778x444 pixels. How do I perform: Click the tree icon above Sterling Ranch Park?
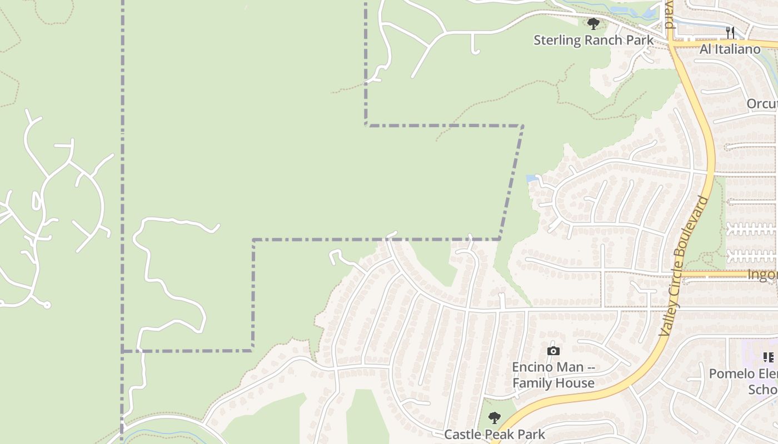(x=594, y=24)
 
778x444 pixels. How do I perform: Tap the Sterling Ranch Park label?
(x=594, y=41)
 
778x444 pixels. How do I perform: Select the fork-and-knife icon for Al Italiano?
(x=730, y=33)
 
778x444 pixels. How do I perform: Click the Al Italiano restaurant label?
(x=730, y=49)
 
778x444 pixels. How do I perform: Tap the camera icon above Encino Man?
(x=553, y=351)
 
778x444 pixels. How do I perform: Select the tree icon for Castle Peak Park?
(x=494, y=418)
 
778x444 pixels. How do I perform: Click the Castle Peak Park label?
(x=494, y=434)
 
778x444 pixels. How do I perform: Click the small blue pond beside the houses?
(x=531, y=179)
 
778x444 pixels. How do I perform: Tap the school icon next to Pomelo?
(x=768, y=357)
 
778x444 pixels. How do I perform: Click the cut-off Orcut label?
(x=761, y=104)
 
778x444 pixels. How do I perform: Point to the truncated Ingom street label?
(x=762, y=275)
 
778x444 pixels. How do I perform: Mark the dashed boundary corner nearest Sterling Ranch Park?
(x=522, y=126)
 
